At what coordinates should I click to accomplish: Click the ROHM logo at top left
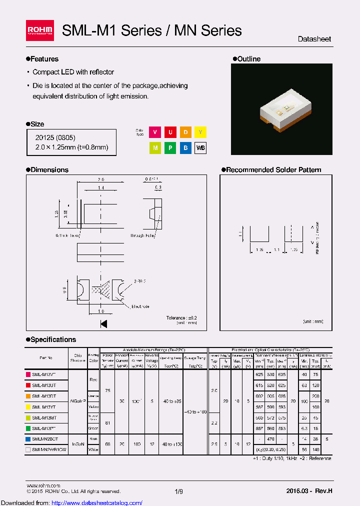point(39,30)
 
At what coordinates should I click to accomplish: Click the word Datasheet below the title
point(314,39)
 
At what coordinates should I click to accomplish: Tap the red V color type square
point(155,132)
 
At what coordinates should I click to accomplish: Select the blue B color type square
point(185,148)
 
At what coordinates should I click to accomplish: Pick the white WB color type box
point(200,148)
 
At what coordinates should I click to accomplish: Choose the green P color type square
point(170,148)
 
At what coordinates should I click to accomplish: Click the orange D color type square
point(185,132)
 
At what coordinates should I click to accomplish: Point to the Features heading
point(44,59)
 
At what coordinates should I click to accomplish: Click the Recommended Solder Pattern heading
point(273,170)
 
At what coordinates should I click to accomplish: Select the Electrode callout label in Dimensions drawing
point(140,306)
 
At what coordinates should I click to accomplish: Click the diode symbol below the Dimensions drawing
point(104,323)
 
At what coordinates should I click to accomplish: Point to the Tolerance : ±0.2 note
point(181,318)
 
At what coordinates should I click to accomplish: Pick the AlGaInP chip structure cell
point(77,401)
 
